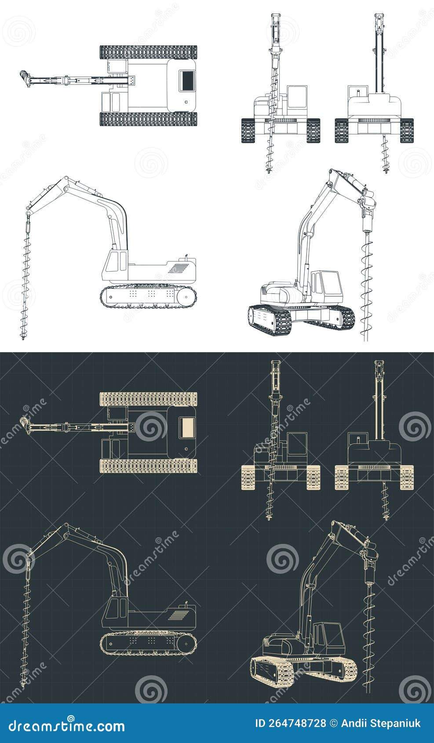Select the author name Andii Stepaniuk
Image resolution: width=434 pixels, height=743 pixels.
pos(382,723)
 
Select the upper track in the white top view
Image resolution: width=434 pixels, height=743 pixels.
pos(148,52)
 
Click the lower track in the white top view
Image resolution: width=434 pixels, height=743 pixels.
pos(148,119)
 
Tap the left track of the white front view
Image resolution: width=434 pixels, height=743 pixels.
pos(248,131)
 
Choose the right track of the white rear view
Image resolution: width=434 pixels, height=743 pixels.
pos(407,131)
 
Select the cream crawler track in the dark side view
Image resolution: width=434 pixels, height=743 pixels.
pos(148,645)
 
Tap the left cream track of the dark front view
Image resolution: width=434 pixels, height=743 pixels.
pos(248,477)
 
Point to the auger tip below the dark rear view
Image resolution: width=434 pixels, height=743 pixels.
pos(386,517)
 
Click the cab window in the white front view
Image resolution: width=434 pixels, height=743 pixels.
pos(297,97)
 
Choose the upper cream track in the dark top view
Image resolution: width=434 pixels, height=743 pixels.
pos(148,399)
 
